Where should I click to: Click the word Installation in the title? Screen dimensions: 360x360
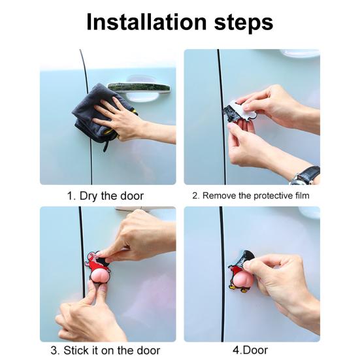(146, 22)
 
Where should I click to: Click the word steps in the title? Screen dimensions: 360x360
(244, 23)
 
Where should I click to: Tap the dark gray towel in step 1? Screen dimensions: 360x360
(99, 115)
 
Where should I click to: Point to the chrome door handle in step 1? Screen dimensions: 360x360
(139, 88)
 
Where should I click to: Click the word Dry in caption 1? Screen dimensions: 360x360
(89, 197)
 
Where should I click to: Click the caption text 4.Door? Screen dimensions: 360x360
(250, 350)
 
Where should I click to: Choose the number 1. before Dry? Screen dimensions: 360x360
(71, 196)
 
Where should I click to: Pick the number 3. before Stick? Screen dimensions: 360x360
(55, 351)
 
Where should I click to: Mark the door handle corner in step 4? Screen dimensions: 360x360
(310, 212)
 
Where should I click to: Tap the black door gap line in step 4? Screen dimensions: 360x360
(221, 274)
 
